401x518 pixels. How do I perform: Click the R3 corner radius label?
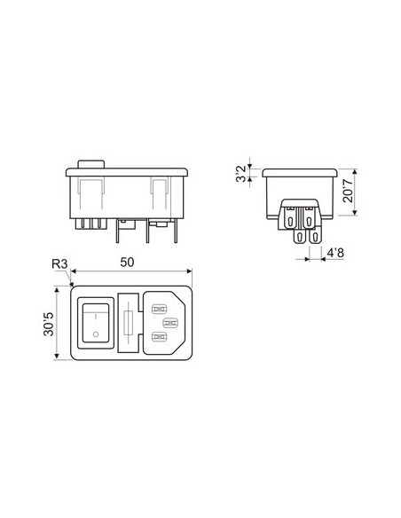pyautogui.click(x=59, y=264)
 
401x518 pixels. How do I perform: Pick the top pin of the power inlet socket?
pyautogui.click(x=161, y=310)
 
